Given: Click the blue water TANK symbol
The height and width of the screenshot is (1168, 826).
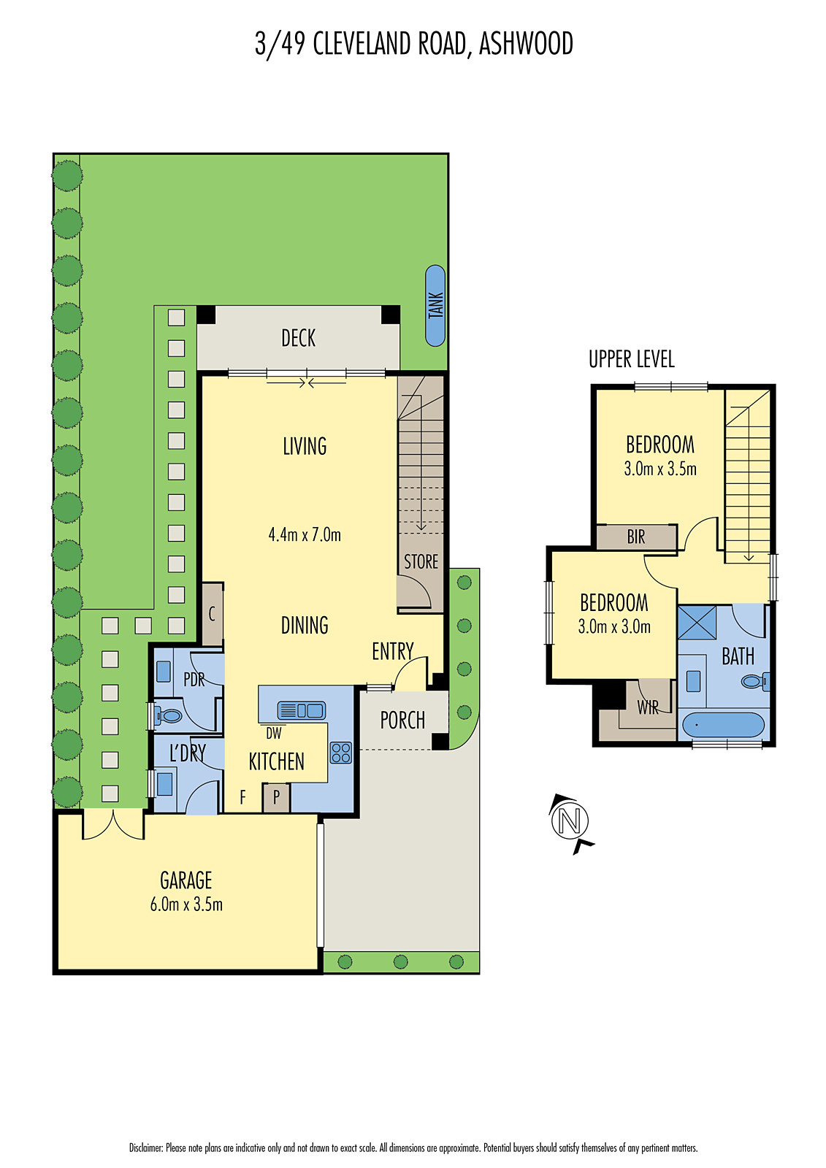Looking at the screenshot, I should point(435,306).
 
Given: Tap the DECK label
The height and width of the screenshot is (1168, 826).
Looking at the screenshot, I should point(298,338).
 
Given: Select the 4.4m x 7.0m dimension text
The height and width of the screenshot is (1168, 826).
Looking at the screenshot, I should point(305,534).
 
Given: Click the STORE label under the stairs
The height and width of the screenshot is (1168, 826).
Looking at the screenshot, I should point(421,561).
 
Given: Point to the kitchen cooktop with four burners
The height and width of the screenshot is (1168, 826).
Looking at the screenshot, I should point(341,753).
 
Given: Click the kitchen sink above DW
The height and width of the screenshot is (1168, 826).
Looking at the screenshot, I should point(301,710).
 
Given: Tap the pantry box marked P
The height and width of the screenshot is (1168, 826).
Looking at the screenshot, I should point(276,797).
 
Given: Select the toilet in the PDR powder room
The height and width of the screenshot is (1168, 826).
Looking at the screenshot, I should point(169,716).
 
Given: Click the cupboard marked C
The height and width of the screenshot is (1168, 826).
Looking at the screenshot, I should point(212,614).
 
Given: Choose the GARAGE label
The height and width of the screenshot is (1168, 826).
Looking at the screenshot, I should point(186,880).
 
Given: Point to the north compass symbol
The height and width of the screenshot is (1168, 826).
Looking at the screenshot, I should point(570,821).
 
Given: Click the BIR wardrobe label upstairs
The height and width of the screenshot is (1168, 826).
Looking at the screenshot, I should point(636,537).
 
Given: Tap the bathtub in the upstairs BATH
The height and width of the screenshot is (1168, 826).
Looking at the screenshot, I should point(723,726).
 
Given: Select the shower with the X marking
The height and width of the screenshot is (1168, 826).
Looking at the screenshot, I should point(696,623).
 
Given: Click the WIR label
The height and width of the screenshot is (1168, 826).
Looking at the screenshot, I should point(648,707).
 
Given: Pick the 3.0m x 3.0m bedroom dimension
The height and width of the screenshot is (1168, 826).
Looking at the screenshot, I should point(614,626).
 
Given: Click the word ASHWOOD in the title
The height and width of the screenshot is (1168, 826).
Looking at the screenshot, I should point(526,44).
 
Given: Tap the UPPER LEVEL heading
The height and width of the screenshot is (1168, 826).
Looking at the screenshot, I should point(631,359).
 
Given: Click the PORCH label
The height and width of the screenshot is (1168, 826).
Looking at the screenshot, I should point(402,721).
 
